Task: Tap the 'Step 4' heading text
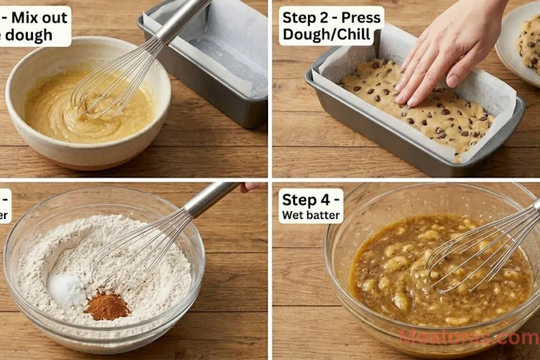[311, 200]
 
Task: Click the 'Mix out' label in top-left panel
[39, 17]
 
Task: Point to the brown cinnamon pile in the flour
[107, 307]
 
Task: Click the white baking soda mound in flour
[66, 288]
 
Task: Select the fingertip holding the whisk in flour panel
[252, 186]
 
